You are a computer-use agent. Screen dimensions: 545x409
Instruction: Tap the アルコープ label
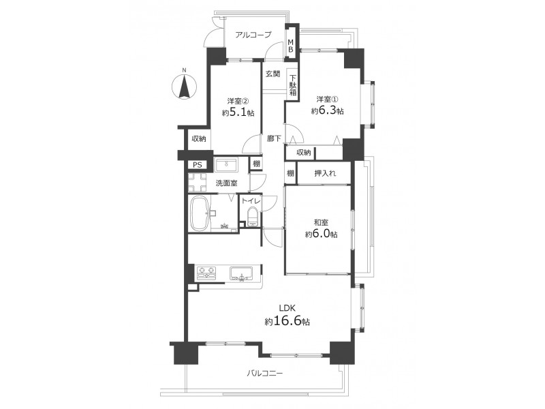253,35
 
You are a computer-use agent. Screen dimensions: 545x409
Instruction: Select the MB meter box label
290,46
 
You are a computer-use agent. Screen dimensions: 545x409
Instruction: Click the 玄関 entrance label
273,74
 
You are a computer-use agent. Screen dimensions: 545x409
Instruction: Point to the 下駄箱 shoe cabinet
293,85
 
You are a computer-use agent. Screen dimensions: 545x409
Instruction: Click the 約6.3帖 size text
328,111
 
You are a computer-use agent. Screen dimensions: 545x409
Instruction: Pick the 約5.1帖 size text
238,112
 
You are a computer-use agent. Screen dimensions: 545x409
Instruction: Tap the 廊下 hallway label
274,139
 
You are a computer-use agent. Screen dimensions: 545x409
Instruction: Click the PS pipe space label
198,165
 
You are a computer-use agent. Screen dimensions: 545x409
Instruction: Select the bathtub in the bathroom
199,213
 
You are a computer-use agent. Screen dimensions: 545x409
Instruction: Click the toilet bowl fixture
251,216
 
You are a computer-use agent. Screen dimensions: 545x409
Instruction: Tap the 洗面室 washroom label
226,183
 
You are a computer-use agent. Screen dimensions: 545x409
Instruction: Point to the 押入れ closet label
325,173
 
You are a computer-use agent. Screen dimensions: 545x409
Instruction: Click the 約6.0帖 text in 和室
321,234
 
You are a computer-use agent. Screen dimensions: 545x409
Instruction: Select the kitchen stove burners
206,273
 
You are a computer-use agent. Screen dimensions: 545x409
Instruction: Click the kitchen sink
241,273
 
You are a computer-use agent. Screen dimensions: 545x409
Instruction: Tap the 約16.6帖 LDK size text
287,321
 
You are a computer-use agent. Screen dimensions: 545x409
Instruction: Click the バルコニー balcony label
265,374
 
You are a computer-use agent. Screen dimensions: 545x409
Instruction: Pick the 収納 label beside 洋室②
199,139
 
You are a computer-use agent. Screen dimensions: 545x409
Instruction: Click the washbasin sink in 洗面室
226,164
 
